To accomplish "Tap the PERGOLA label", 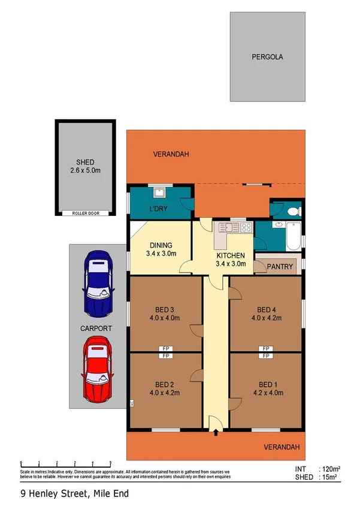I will (x=267, y=58).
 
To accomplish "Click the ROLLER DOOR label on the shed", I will (x=86, y=213).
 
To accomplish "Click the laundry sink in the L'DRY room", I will (x=160, y=193).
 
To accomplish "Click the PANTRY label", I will (x=280, y=267).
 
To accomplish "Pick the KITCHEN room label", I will (x=231, y=258).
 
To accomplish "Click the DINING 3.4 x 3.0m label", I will (x=160, y=249).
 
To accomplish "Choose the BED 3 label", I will (x=164, y=314).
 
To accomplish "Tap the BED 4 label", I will (x=266, y=314).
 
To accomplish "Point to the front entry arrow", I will (x=216, y=432).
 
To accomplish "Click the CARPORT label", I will (x=96, y=329).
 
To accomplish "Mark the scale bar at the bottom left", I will (x=66, y=463).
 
